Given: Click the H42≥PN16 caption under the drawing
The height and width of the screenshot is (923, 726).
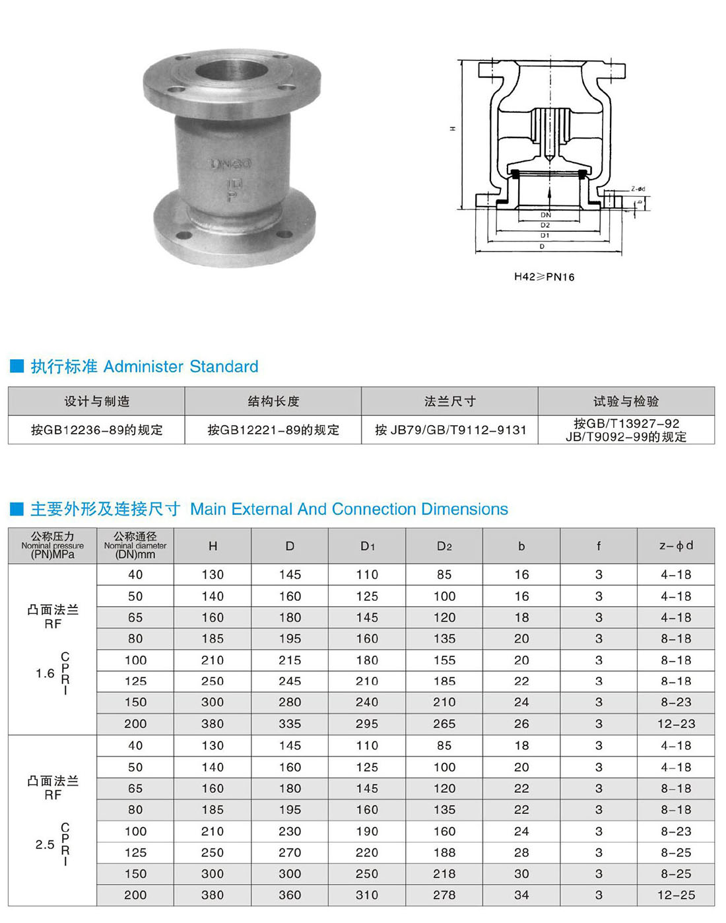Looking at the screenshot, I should point(544,277).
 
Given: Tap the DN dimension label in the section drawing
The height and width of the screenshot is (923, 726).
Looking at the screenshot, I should point(545,215).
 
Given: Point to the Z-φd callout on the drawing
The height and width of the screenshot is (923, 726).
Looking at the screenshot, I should point(638,189).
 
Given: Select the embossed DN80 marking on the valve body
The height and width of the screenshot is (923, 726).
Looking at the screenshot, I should point(230,163).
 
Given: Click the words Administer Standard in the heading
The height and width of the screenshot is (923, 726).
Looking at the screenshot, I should point(181,366).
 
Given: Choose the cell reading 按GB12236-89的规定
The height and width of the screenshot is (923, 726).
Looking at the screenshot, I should point(96,430).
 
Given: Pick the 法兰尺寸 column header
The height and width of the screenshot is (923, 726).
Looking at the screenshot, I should point(449,401).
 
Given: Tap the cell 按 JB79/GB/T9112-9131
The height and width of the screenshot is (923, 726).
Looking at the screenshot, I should point(450,430).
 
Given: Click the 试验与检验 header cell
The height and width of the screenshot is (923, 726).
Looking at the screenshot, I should point(626,401).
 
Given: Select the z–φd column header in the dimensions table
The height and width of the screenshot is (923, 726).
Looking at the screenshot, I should point(676,546).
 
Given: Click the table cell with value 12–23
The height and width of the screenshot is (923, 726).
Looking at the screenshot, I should point(676,724).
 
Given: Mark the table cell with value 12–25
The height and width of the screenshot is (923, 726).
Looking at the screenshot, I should point(676,895).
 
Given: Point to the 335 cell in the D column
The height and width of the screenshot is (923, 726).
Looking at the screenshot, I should point(290,724).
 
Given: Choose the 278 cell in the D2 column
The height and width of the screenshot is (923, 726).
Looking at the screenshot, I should point(444,895).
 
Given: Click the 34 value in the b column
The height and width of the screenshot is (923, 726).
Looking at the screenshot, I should point(521,895).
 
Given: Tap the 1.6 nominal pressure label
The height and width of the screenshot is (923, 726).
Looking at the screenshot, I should point(45,673).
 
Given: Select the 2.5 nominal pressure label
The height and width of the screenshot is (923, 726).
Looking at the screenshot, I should point(45,844).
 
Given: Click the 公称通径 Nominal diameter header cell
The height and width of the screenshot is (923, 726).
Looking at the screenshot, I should point(135,546).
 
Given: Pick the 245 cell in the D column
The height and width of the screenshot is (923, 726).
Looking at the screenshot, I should point(290,681).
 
